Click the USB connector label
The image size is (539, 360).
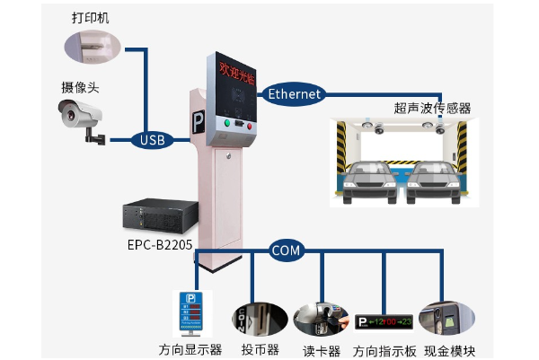152,140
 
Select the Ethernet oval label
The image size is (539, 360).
294,92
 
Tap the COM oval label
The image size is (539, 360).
286,250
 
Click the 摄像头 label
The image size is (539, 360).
79,87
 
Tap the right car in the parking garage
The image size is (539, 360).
430,178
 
